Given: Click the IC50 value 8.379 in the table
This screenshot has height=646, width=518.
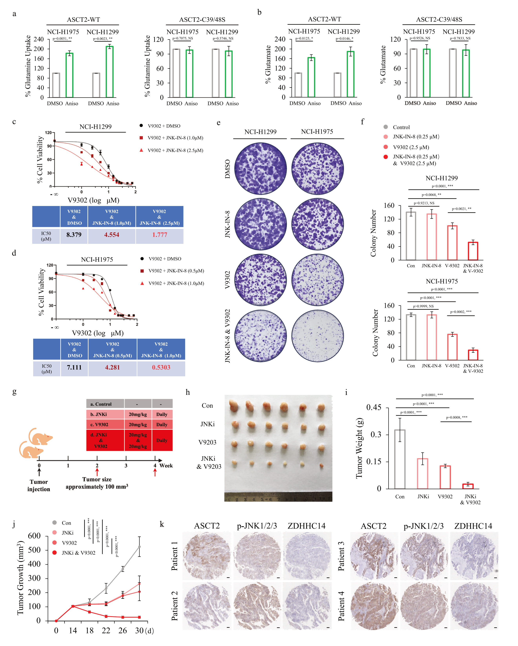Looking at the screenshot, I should pos(74,235).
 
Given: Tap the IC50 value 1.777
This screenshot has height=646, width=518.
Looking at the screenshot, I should pos(159,235).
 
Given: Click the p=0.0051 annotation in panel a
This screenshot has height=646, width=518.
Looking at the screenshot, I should pos(62,39).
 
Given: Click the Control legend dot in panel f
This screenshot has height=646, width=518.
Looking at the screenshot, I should pos(386,127).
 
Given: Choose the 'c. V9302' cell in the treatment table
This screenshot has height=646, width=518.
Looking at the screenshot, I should pos(105,425).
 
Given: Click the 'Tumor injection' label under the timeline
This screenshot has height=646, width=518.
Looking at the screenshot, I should pos(39,485).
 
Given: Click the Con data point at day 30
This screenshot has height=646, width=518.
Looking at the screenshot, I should pos(139,547).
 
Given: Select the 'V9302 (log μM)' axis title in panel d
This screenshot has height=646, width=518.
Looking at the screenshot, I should pos(98,333).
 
